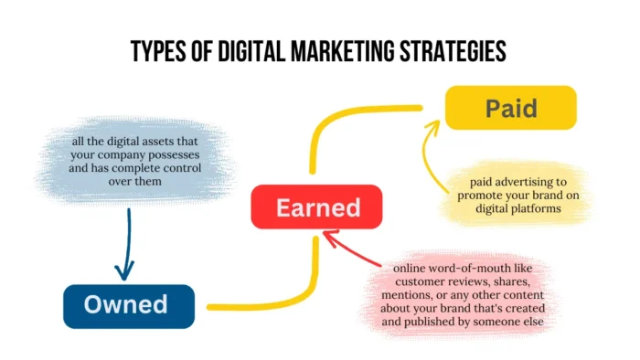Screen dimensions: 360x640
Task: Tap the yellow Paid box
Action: [510, 108]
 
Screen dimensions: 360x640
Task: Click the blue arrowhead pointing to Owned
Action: [125, 271]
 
